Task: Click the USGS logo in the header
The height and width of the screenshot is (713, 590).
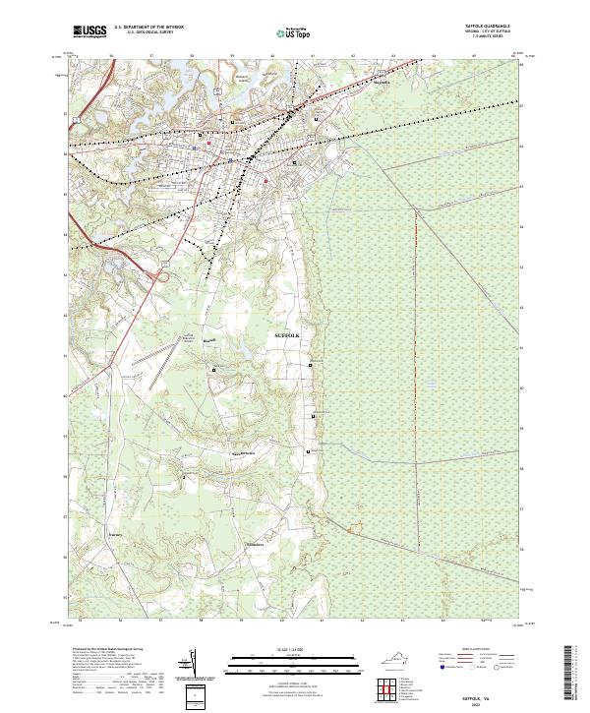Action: (90, 31)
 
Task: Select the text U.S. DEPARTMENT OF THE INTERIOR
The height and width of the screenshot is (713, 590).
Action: (148, 29)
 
